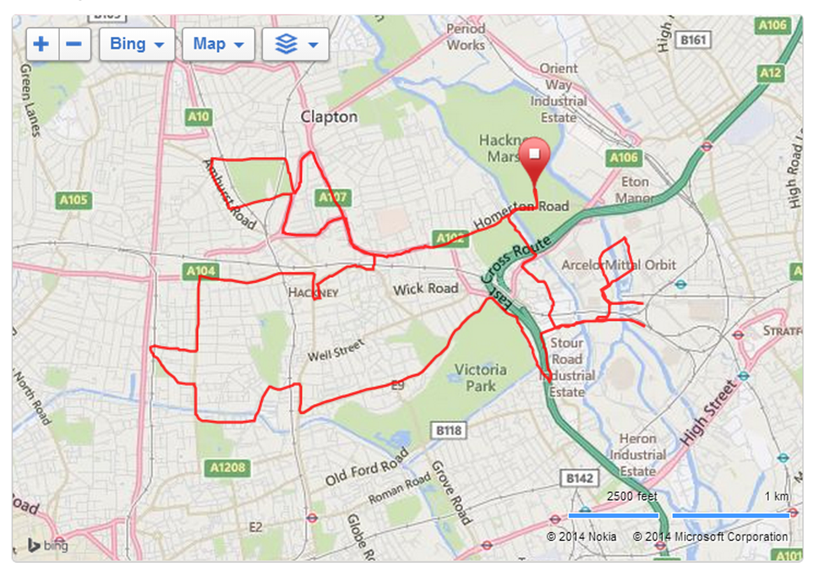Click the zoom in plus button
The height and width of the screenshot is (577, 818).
(42, 44)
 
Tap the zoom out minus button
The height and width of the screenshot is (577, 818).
(74, 44)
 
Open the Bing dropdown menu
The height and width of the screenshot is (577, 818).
(137, 44)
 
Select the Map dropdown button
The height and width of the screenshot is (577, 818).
(219, 44)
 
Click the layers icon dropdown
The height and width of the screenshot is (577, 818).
(295, 44)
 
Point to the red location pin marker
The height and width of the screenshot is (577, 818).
(536, 157)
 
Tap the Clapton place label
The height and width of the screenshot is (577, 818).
(329, 117)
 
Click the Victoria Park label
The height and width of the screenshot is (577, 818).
(480, 377)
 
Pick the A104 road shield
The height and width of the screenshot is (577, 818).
(201, 271)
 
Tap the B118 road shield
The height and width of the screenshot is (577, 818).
(448, 431)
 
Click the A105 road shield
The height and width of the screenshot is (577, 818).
(73, 201)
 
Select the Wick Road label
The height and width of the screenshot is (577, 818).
(425, 289)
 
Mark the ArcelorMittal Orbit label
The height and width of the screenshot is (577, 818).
(619, 265)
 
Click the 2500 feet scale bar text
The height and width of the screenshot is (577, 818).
(632, 497)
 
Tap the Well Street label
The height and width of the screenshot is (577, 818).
(336, 350)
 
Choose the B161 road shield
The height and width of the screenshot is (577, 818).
(693, 40)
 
